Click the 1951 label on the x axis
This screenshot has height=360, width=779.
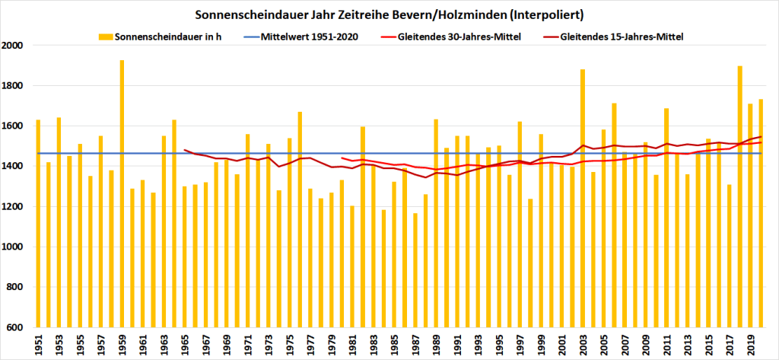coord(38,343)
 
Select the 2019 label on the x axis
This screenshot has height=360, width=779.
coord(750,343)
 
